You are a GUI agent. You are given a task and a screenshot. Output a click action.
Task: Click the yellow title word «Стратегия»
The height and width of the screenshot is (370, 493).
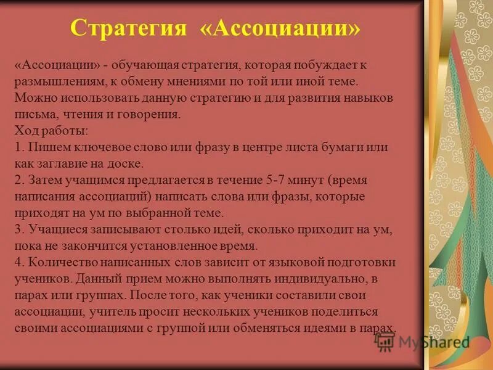129,28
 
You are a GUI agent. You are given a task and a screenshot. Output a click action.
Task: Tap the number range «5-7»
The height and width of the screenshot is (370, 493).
278,180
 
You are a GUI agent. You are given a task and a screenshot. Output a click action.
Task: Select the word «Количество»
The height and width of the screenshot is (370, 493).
57,262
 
